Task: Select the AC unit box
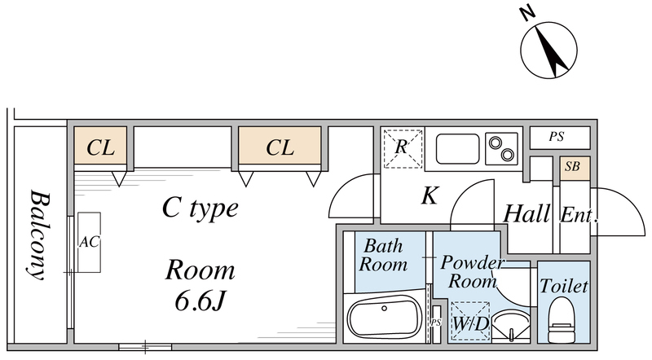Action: click(89, 243)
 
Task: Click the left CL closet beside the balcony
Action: click(101, 147)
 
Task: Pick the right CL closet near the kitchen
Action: click(280, 147)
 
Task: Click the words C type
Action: click(200, 209)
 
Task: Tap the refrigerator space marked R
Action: click(402, 148)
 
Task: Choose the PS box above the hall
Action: click(557, 138)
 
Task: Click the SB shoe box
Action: click(573, 166)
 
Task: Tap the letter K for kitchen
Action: click(431, 196)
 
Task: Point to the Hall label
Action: click(527, 215)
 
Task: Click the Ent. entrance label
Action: click(579, 216)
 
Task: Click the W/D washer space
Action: click(469, 320)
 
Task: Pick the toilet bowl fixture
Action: click(562, 320)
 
